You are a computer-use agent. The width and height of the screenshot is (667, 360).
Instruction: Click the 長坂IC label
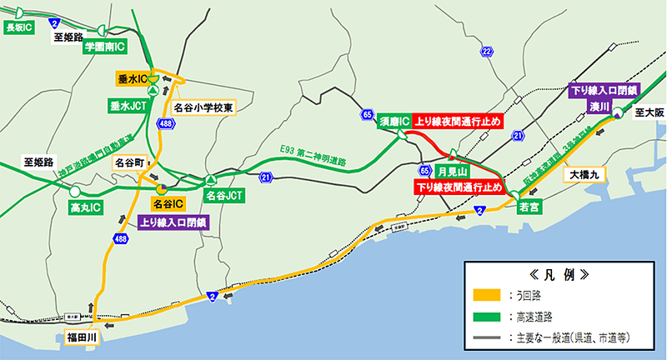point(18,27)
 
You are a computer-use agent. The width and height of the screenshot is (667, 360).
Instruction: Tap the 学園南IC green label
point(103,48)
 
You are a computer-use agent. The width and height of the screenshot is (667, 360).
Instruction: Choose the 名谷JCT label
point(223,197)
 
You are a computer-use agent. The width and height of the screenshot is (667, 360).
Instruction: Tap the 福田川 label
point(83,337)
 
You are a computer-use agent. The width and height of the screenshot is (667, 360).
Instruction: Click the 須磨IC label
point(394,122)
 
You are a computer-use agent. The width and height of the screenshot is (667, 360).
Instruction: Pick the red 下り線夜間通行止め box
point(458,187)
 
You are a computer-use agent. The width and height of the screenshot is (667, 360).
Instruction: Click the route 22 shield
point(486,53)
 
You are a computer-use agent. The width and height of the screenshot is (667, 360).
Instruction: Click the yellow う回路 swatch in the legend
point(486,294)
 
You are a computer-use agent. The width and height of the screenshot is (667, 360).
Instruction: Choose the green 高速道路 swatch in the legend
point(486,317)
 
